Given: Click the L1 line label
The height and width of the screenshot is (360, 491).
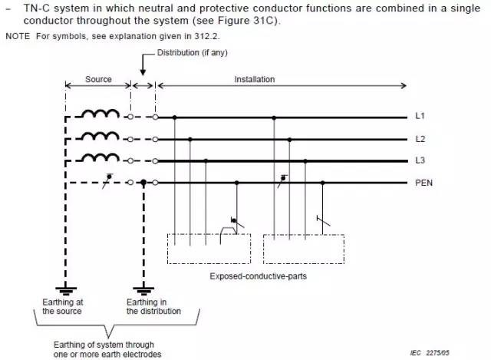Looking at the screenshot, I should click(x=420, y=117).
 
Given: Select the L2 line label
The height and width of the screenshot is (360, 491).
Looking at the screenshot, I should click(x=420, y=140).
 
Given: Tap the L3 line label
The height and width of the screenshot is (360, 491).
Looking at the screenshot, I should click(x=420, y=161).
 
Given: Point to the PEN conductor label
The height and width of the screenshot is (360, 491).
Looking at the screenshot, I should click(x=423, y=183).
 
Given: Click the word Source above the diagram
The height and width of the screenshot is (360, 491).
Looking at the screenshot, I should click(x=98, y=79).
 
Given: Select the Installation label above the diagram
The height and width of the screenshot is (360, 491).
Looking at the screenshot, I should click(x=254, y=79).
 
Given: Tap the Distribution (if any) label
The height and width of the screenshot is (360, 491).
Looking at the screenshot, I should click(x=193, y=52).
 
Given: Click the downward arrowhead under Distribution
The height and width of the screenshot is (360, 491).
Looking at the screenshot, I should click(x=143, y=71).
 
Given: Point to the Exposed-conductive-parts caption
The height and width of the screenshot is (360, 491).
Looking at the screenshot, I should click(x=255, y=275).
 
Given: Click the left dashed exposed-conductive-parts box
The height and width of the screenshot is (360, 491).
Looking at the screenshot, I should click(x=209, y=249).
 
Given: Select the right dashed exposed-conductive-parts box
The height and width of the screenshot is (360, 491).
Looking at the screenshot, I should click(x=304, y=249).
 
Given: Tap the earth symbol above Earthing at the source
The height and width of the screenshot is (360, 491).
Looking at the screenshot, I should click(x=67, y=290).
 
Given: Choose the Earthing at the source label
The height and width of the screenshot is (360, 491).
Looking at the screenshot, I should click(x=64, y=307).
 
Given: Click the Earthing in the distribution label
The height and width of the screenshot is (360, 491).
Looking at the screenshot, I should click(x=153, y=307).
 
